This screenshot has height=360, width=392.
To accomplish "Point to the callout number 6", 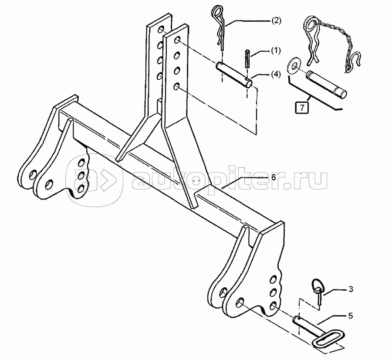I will pos(273,178).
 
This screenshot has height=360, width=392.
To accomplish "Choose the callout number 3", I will pos(351,289).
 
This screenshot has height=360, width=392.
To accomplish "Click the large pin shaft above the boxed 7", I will pos(325,83).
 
